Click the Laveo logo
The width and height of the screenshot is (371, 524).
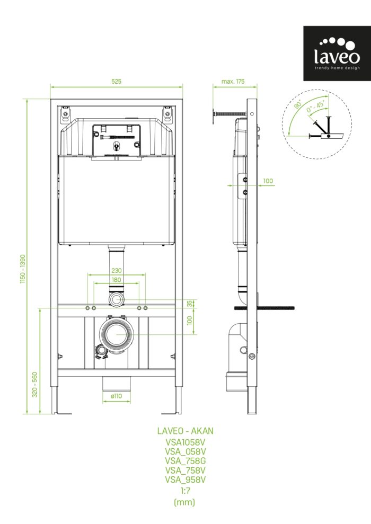click(337, 54)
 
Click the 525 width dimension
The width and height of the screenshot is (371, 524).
click(116, 81)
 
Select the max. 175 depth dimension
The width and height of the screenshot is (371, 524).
click(233, 81)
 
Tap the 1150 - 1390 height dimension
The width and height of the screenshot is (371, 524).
click(23, 269)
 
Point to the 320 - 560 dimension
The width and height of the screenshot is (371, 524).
click(35, 384)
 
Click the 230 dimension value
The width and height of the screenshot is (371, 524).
click(116, 270)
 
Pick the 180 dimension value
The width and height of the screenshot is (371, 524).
click(116, 280)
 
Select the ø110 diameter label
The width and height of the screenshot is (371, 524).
click(116, 396)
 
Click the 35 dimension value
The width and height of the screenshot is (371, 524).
click(190, 304)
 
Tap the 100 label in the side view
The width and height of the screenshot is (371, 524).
click(268, 181)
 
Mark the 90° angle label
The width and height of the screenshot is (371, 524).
click(298, 104)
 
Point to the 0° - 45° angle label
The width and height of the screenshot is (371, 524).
click(315, 106)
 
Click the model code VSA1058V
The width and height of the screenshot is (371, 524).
click(185, 442)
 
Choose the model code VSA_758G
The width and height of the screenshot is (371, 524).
click(185, 461)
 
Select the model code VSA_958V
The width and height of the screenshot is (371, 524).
click(185, 479)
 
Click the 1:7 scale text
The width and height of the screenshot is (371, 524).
click(185, 491)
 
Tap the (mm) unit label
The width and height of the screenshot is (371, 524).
click(184, 502)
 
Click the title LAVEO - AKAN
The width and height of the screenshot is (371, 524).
click(185, 431)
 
